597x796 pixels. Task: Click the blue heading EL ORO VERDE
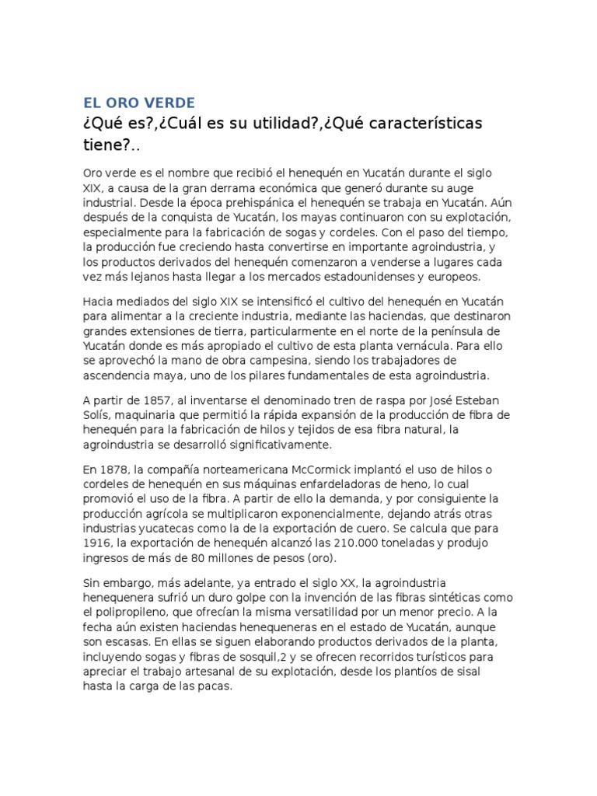point(140,102)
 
